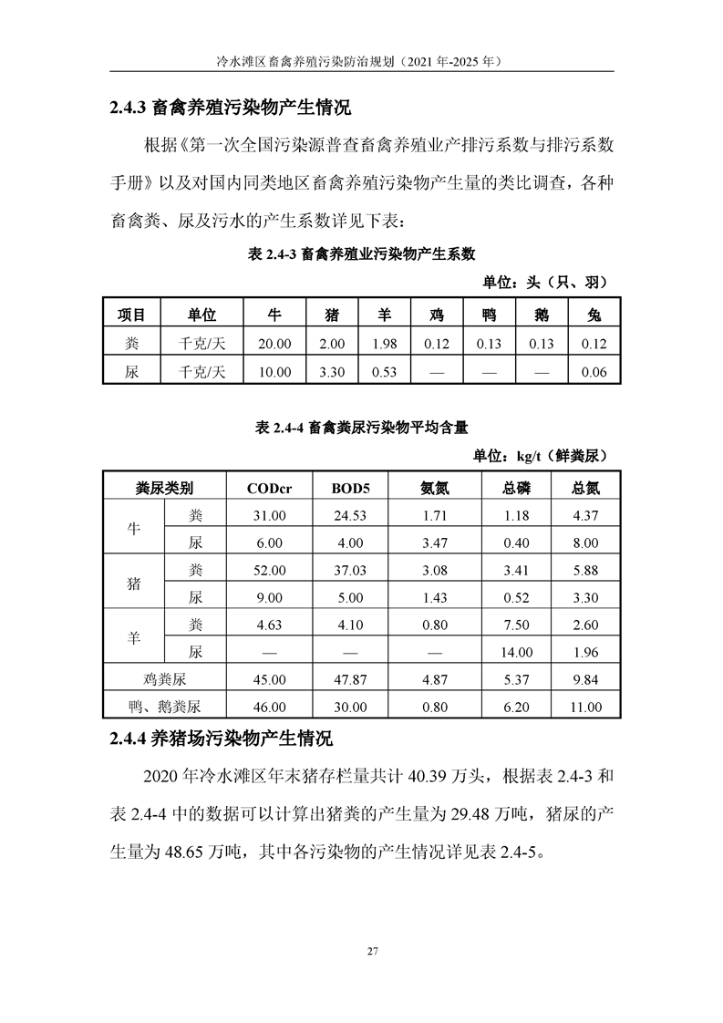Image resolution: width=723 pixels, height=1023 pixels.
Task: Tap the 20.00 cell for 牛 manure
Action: click(274, 344)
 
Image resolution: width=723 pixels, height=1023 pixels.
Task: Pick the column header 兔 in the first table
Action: click(594, 315)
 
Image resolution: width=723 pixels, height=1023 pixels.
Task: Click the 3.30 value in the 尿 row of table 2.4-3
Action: click(333, 372)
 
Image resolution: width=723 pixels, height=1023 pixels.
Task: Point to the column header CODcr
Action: click(270, 488)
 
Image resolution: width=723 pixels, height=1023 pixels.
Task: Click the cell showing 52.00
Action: click(270, 570)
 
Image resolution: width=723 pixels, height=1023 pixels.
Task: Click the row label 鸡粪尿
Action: click(164, 679)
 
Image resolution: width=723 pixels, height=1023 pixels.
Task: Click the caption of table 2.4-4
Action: click(361, 426)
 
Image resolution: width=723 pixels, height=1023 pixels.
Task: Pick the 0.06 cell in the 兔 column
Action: click(594, 372)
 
